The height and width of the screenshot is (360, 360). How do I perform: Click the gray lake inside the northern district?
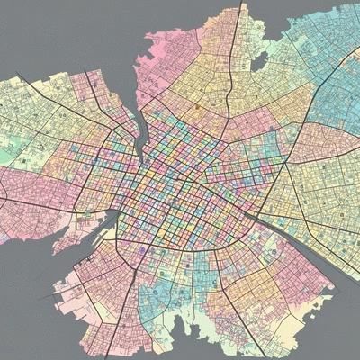tap(260, 61)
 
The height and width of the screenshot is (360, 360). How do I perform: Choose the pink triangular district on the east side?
tap(315, 144)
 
